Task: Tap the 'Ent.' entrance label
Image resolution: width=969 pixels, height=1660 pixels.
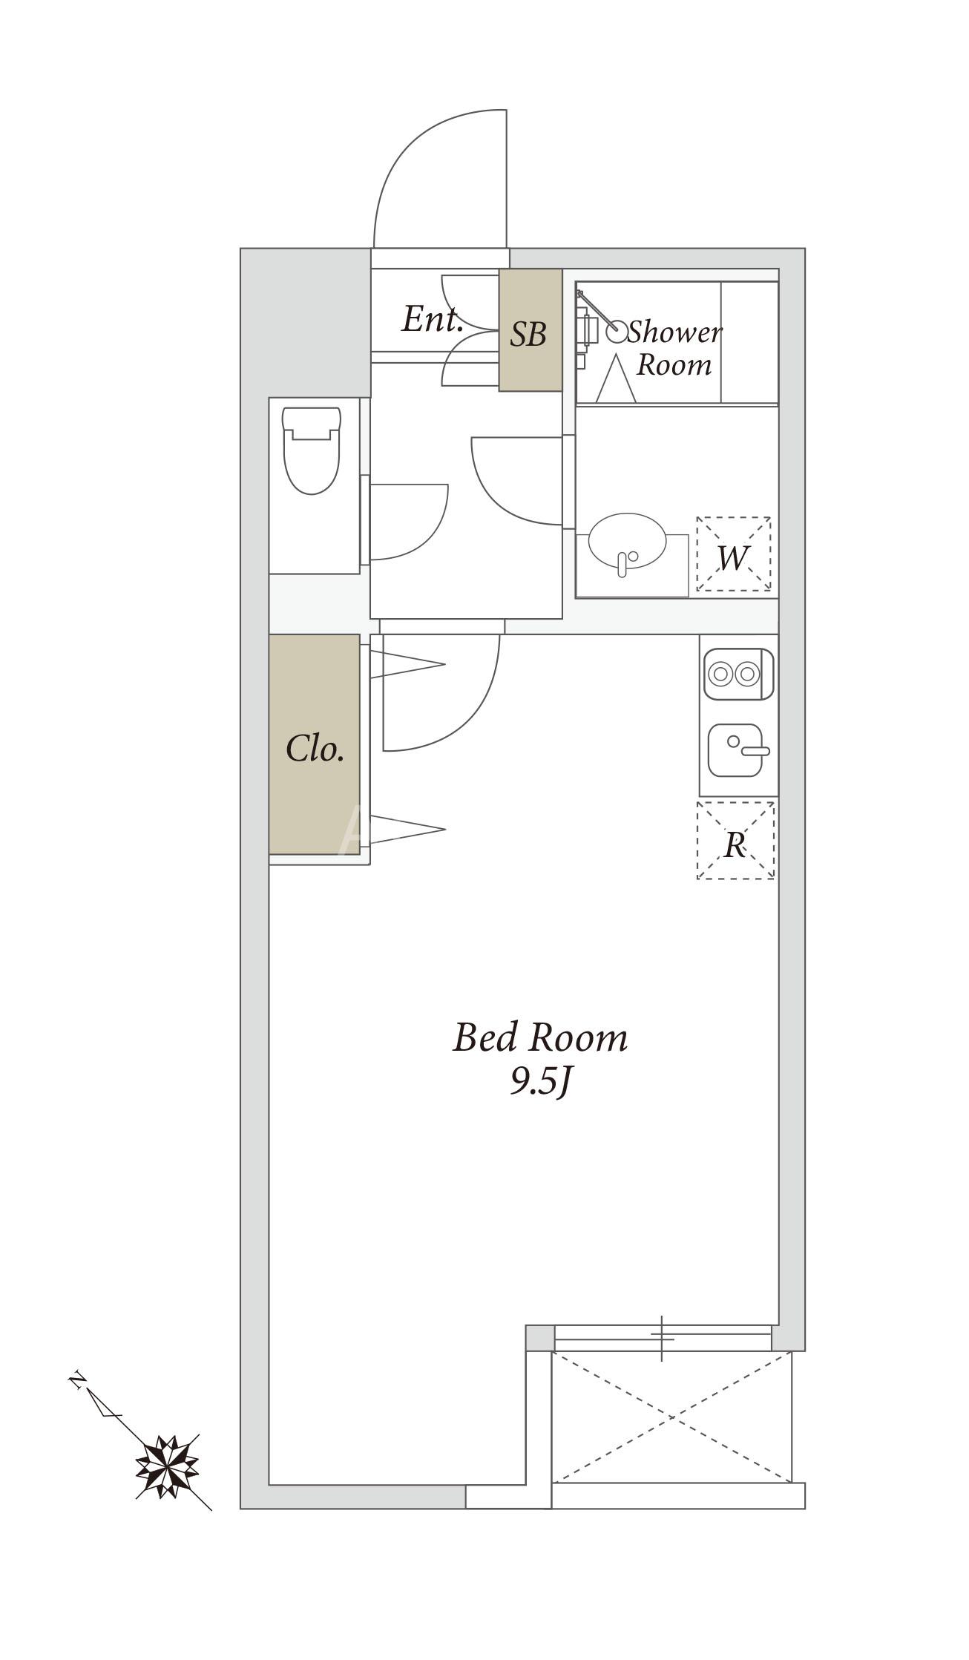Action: [x=433, y=319]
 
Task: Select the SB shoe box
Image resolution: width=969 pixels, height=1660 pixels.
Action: [x=530, y=329]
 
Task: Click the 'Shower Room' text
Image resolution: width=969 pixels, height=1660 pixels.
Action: [x=674, y=348]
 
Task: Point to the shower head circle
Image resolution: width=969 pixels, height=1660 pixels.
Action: [x=617, y=332]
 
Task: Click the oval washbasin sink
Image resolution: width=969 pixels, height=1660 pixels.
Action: [x=628, y=540]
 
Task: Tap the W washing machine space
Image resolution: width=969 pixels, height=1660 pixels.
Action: [x=733, y=554]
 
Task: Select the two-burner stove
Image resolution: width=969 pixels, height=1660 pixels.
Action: [x=738, y=674]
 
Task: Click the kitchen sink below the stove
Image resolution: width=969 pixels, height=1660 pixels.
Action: [x=738, y=750]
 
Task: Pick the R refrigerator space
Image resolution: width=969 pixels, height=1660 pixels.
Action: [x=735, y=841]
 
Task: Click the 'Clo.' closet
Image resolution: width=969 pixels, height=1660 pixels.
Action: [x=315, y=744]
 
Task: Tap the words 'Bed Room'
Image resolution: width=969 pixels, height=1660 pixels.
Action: [x=540, y=1037]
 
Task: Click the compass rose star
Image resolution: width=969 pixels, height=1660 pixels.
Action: [x=168, y=1466]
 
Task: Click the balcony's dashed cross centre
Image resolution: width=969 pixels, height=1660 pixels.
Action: [x=672, y=1417]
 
